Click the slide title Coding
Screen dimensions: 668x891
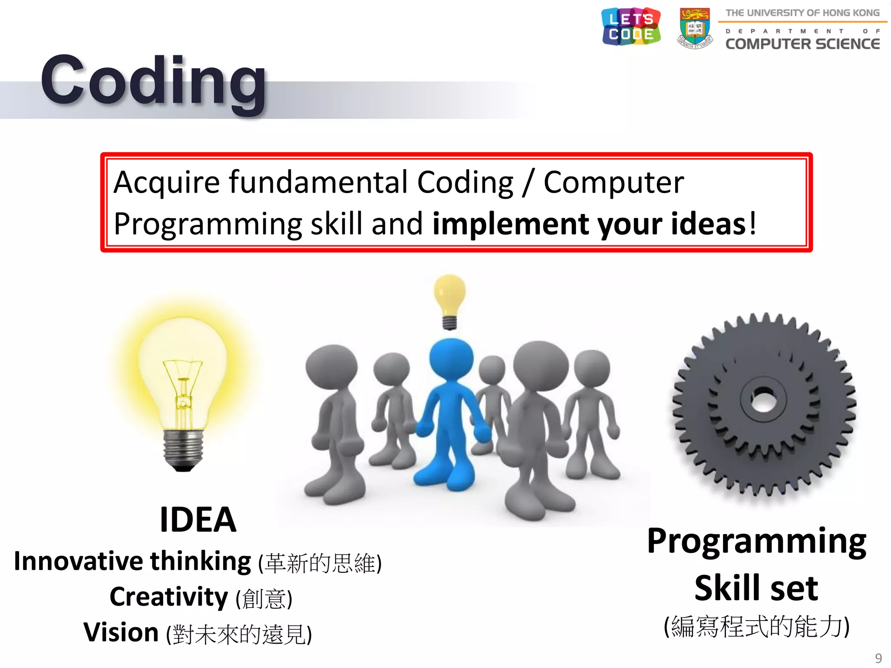pos(153,80)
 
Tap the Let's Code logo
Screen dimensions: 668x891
pos(631,27)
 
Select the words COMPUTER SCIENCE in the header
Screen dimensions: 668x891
pos(802,44)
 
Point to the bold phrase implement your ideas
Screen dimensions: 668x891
pos(589,224)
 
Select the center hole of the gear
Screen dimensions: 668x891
pos(763,399)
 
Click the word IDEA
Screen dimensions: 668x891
pos(198,519)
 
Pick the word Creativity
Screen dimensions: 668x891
pos(169,597)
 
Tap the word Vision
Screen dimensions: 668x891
pos(121,632)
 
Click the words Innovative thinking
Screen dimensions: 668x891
pos(132,561)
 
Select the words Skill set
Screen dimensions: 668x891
pos(756,588)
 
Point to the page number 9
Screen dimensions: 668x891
pos(878,658)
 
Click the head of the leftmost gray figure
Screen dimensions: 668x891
pos(332,367)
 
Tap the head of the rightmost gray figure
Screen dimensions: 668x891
pos(592,367)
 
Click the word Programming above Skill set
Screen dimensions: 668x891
pos(756,541)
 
